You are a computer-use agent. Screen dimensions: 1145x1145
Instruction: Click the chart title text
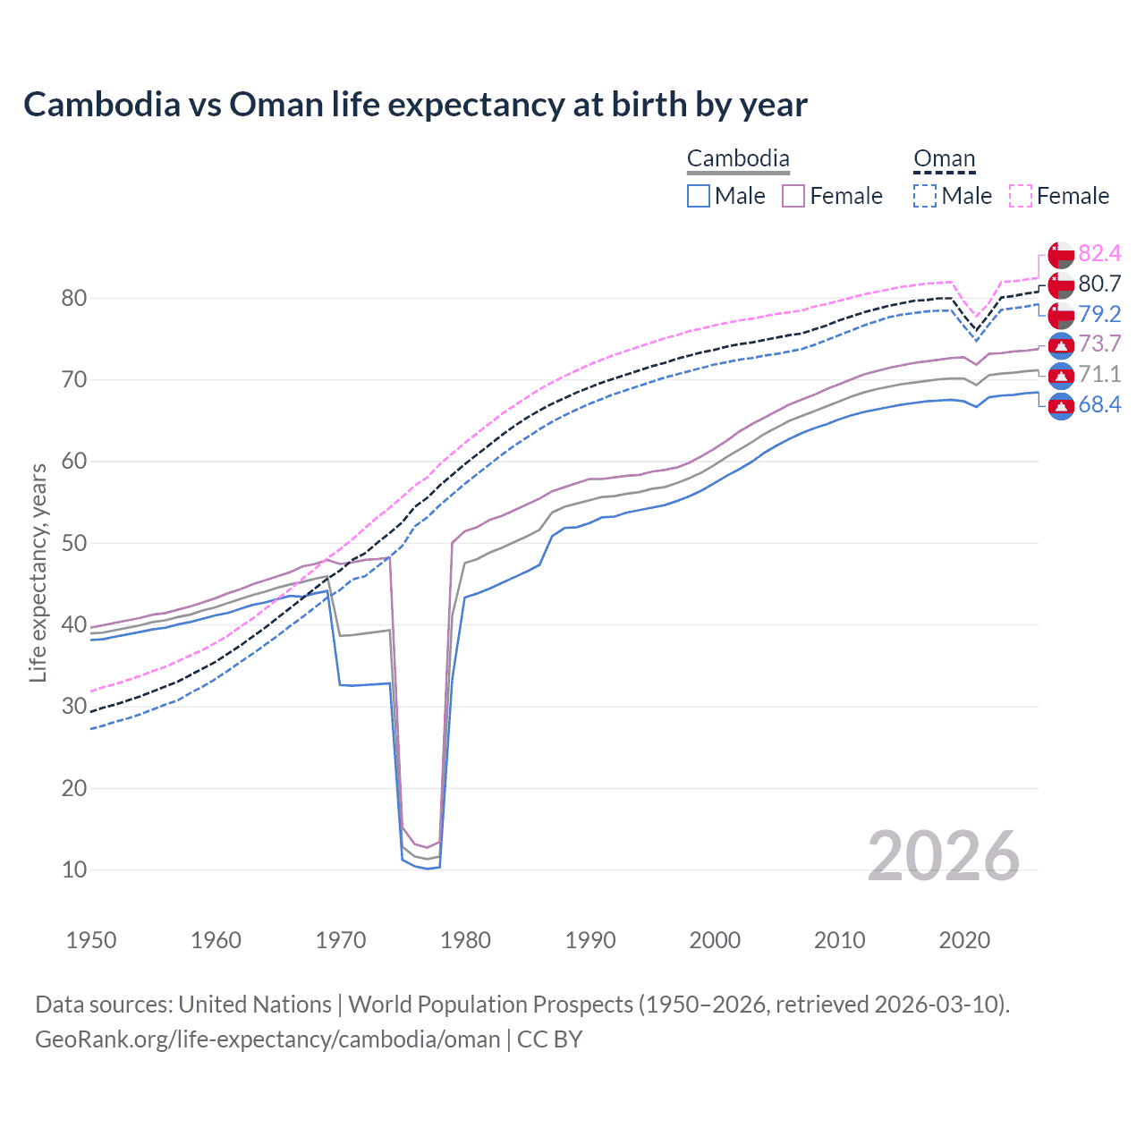point(415,105)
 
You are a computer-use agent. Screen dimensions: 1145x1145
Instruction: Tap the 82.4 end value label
point(1099,253)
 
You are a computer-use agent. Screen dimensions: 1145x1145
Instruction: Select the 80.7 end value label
point(1099,284)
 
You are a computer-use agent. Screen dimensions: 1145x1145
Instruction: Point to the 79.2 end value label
point(1099,314)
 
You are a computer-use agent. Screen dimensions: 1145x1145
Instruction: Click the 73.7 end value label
point(1099,344)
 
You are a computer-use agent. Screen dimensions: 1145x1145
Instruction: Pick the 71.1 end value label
point(1099,375)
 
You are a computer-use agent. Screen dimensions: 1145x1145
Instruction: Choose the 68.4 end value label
point(1099,405)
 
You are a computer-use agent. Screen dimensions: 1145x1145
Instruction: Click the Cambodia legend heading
point(738,159)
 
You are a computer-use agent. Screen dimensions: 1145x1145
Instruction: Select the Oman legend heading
point(944,159)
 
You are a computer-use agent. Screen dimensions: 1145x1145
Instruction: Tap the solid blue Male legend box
point(699,196)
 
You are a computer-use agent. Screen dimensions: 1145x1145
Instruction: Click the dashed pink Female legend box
point(1021,196)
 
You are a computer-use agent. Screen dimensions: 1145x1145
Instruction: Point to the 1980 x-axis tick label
point(466,940)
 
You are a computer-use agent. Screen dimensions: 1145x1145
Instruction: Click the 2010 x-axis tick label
point(839,940)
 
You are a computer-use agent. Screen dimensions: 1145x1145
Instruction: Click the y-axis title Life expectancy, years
point(38,572)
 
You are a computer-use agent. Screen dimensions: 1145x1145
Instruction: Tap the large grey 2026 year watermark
point(943,856)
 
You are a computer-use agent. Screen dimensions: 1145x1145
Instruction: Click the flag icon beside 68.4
point(1061,406)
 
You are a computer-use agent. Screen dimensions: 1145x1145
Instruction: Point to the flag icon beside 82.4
point(1061,254)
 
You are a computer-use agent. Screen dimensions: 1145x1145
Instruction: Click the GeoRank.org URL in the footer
point(267,1039)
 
